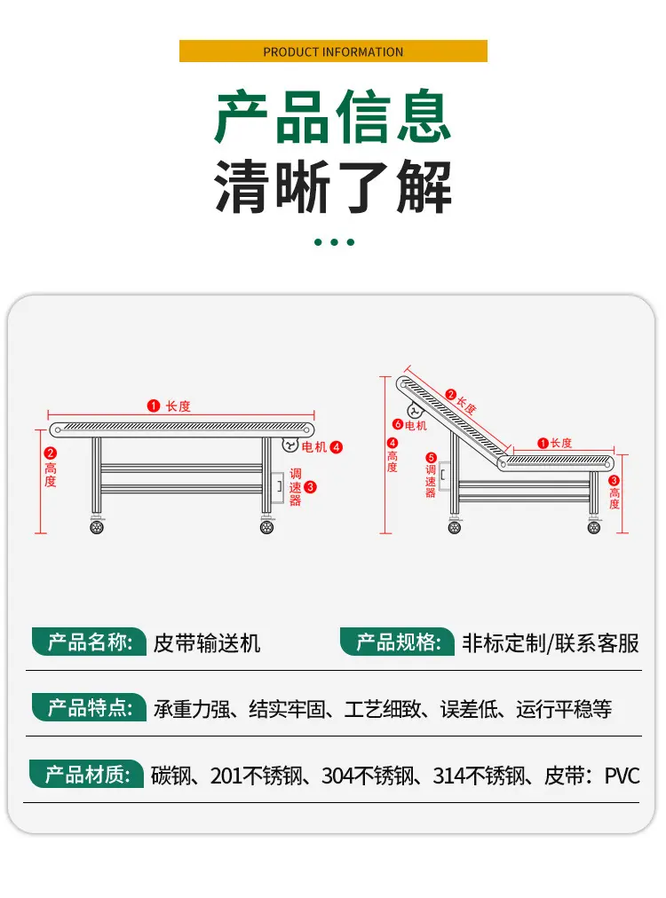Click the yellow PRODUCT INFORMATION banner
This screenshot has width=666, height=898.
click(333, 51)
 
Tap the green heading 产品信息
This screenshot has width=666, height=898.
click(333, 117)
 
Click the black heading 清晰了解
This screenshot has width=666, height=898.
click(333, 186)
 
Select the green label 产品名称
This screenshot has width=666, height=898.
click(89, 642)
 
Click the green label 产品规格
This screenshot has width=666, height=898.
click(397, 642)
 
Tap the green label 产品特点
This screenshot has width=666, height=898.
click(89, 708)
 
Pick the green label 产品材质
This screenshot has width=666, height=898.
click(86, 775)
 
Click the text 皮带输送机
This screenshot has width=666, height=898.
click(207, 643)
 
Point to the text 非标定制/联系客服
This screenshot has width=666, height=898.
click(551, 643)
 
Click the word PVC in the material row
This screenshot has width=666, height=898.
click(622, 776)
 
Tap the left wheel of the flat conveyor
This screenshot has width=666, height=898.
click(97, 526)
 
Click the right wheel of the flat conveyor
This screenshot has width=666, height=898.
click(266, 526)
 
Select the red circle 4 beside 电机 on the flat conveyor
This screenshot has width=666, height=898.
click(337, 447)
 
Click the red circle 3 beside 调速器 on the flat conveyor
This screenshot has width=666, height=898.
click(310, 487)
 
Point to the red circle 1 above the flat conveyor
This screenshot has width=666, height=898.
click(153, 406)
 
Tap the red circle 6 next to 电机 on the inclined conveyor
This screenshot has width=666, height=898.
click(398, 424)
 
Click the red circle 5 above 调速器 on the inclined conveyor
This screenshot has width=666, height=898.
click(431, 458)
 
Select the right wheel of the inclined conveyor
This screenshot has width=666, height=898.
click(594, 527)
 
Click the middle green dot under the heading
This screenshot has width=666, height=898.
click(334, 242)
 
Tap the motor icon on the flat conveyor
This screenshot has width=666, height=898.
click(290, 445)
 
